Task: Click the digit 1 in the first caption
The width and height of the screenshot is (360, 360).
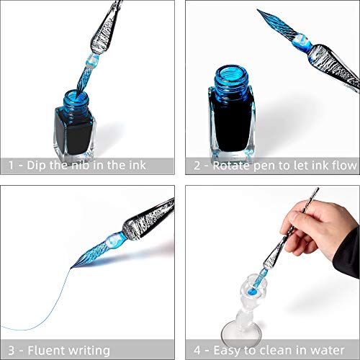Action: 11,166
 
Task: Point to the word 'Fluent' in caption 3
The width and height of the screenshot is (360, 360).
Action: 46,351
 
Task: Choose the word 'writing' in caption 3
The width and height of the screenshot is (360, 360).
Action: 89,351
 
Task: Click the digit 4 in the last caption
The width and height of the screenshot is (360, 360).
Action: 197,351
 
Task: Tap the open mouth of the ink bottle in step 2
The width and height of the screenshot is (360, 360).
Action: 232,72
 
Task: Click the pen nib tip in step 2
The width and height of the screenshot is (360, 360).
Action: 258,10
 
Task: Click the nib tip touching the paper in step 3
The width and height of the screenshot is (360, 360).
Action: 71,268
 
